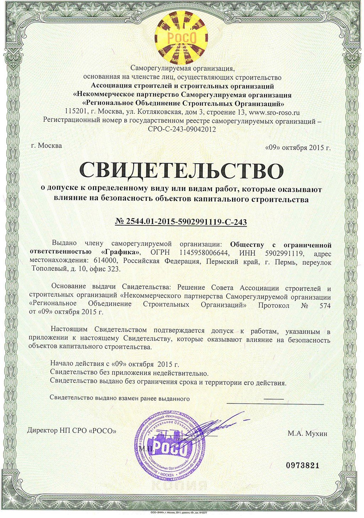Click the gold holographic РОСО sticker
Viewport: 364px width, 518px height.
tap(181, 36)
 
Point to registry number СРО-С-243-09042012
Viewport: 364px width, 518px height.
tap(182, 129)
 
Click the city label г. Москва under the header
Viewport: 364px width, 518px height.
tap(46, 146)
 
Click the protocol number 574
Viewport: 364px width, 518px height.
tap(325, 306)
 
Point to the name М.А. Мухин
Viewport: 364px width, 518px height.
tap(307, 433)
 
